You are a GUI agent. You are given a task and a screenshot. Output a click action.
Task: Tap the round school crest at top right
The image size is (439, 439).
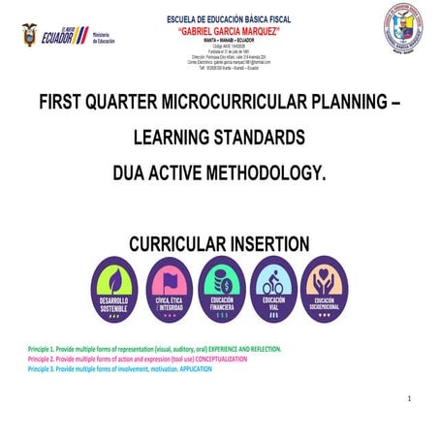401,29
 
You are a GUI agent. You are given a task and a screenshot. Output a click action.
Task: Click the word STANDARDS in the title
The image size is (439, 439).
260,138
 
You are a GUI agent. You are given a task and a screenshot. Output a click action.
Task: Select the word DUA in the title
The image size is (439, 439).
133,172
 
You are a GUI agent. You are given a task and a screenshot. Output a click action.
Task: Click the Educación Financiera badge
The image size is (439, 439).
221,290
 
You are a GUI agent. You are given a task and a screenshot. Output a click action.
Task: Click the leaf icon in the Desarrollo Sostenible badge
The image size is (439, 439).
114,281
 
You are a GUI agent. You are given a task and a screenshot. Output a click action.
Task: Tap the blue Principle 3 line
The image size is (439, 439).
126,369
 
